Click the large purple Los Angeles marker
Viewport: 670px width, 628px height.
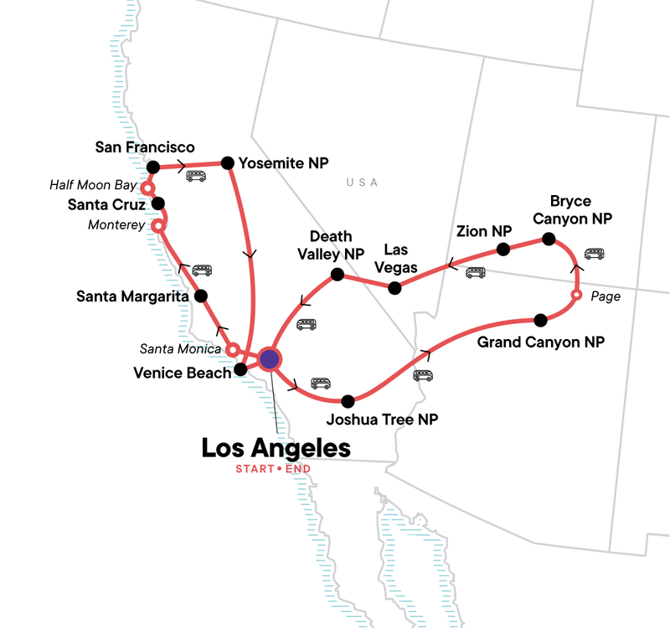269,359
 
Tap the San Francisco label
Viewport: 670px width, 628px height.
144,147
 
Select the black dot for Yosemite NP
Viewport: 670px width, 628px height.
226,162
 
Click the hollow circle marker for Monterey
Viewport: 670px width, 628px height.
156,225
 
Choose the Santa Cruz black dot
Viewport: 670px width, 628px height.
157,203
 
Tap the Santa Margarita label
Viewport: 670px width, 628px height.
130,296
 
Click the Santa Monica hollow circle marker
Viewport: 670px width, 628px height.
234,348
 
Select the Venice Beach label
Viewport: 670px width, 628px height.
182,373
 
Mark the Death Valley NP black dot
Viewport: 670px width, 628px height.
337,275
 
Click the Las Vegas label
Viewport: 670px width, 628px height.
400,258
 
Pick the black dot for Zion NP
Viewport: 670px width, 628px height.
503,249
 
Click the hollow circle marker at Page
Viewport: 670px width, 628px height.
576,296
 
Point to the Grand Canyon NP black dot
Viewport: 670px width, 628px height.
540,319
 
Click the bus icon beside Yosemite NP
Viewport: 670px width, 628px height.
196,176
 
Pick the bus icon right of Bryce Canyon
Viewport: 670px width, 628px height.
594,254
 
